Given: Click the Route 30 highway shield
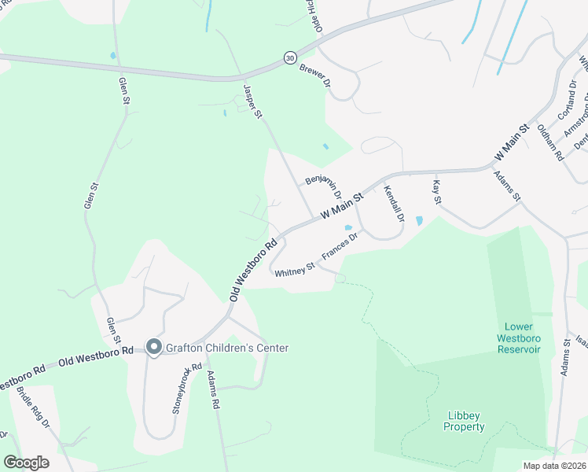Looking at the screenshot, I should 290,58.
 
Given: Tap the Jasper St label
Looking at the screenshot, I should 252,103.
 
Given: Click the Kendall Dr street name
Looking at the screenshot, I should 393,203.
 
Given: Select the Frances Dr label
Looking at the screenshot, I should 340,248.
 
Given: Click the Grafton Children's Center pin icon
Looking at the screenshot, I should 154,347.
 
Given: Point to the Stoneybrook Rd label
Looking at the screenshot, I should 182,389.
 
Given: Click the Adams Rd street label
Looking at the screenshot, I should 212,390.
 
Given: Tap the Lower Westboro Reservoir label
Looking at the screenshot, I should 520,337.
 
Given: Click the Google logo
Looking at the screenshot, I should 26,462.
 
